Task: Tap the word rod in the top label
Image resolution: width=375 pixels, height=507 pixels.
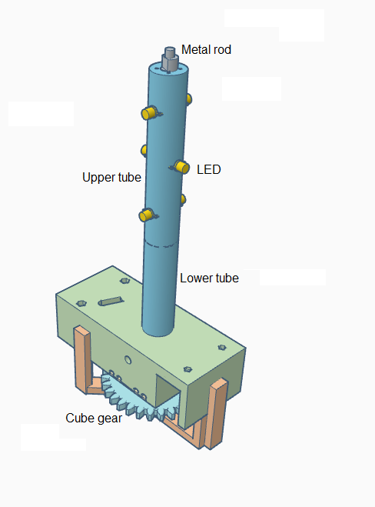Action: coord(221,49)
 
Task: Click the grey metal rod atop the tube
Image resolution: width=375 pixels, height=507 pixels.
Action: coord(170,59)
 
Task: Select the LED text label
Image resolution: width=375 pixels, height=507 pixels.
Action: coord(209,169)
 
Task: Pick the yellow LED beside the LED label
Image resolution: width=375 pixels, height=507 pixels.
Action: coord(181,167)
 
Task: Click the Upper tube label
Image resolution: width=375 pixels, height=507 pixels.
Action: coord(111,177)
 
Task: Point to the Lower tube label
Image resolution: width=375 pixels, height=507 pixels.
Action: coord(209,278)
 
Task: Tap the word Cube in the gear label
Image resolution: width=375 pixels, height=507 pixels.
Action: coord(79,418)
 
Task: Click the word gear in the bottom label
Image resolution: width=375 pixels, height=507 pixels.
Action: coord(109,419)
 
